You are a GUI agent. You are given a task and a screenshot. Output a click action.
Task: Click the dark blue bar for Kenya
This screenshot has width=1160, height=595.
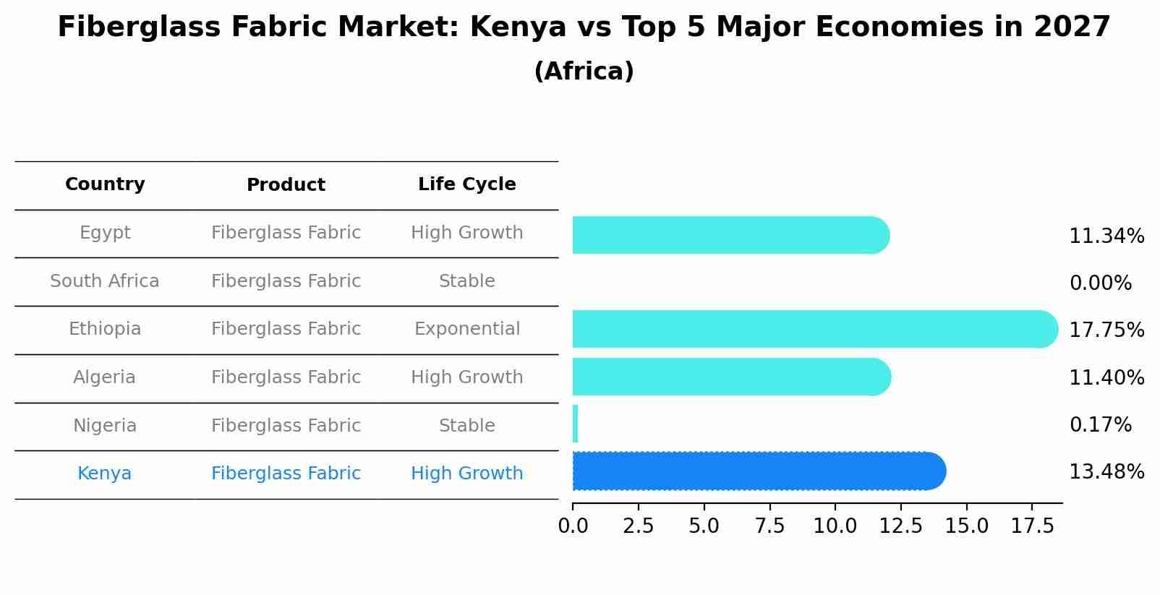coord(758,471)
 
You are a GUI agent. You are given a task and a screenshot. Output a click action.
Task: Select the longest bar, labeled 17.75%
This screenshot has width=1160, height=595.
coord(814,329)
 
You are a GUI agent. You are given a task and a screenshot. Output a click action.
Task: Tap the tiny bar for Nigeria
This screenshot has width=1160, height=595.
coord(575,424)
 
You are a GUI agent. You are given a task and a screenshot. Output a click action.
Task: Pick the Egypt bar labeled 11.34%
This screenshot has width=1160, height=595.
coord(730,235)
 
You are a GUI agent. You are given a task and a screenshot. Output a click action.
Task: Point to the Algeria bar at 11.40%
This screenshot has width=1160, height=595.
coord(730,377)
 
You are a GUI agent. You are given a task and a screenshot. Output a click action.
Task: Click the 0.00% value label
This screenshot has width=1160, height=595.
coord(1100,283)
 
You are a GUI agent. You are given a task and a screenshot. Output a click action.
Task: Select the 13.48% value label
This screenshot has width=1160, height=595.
coord(1106,472)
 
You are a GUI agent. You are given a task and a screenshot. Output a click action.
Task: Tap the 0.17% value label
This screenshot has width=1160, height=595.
coord(1100,425)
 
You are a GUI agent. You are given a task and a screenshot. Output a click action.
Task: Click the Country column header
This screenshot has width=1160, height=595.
coord(105,184)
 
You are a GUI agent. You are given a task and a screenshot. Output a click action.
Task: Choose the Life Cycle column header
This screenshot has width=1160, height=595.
coord(466,184)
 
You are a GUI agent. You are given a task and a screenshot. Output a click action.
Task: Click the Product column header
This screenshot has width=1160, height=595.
coord(286,185)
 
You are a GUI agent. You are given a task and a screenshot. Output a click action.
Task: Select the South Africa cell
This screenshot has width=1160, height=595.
coord(105,281)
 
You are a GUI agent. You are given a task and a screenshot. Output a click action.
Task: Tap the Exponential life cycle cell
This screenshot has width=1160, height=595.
coord(466,329)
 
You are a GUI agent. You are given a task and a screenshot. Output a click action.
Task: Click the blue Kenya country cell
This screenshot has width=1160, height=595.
coord(105,474)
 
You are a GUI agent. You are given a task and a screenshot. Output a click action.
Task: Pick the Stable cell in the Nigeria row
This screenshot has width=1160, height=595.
coord(466,426)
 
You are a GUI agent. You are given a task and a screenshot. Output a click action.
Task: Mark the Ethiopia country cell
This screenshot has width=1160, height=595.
coord(105,329)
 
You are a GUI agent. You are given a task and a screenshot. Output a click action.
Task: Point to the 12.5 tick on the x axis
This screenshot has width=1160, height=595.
coord(900,526)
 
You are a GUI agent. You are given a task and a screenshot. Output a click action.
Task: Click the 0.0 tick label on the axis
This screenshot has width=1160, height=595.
coord(573,526)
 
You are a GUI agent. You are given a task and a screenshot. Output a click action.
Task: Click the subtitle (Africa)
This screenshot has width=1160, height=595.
coord(584,72)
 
